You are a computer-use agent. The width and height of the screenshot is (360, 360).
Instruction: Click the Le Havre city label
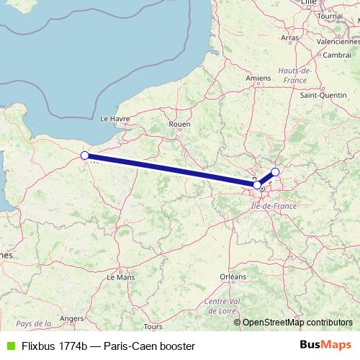[x=114, y=118]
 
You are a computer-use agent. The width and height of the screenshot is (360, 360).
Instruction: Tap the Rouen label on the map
[x=179, y=124]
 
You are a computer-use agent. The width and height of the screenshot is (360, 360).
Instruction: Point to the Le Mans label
[x=120, y=276]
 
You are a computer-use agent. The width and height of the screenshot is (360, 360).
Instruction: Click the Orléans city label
[x=233, y=276]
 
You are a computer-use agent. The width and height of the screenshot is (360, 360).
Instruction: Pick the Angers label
[x=72, y=318]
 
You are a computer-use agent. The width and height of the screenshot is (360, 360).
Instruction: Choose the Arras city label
[x=290, y=37]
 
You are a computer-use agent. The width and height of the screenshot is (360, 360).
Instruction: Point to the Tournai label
[x=330, y=15]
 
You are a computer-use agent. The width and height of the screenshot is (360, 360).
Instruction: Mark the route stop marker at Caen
[x=84, y=155]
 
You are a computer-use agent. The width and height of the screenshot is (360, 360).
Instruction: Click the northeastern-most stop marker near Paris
[x=275, y=172]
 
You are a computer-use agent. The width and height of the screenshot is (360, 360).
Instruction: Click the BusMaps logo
[x=325, y=346]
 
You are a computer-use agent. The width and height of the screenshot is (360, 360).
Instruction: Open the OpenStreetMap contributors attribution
[x=297, y=323]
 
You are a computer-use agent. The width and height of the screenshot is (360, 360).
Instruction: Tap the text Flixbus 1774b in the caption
[x=54, y=346]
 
